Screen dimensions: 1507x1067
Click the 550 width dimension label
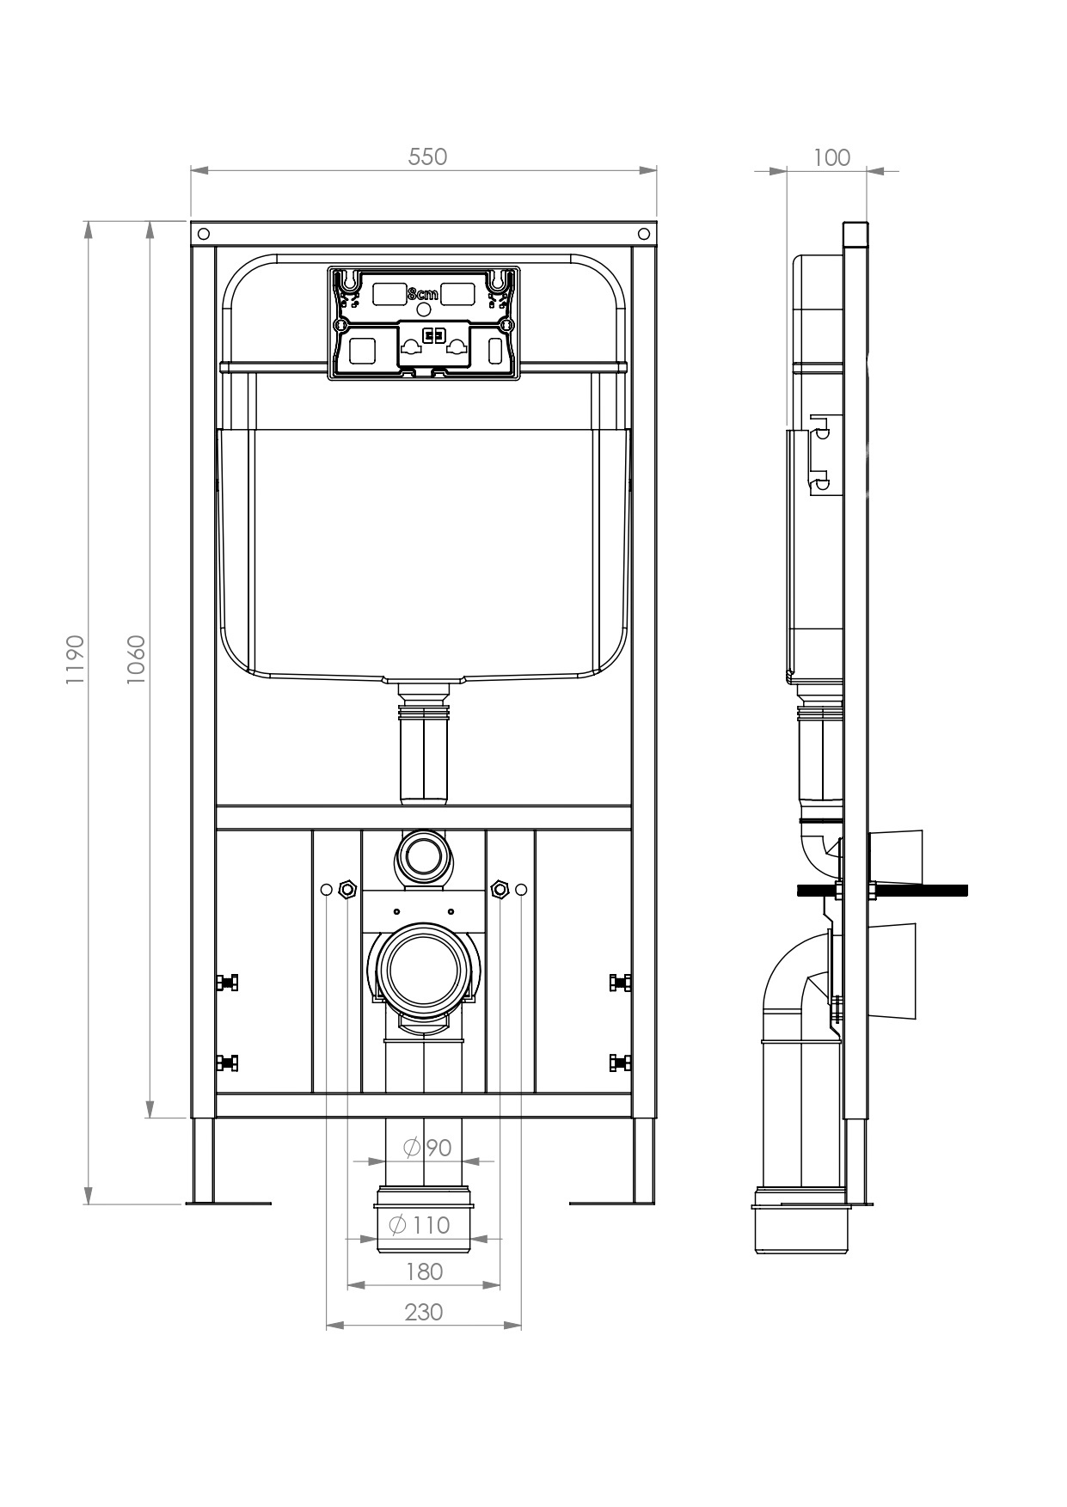coord(427,156)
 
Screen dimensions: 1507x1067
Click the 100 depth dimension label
coord(831,157)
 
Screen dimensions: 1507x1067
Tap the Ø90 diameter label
coord(427,1147)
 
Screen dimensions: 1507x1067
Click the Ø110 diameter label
coord(420,1224)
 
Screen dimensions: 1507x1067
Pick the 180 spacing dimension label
coord(423,1271)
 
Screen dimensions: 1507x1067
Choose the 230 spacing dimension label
coord(423,1312)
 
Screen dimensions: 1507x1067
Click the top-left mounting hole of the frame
coord(204,233)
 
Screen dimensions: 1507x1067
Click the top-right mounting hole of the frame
coord(644,233)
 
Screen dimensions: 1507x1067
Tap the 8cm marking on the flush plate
coord(422,294)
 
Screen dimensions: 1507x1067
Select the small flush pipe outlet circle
coord(423,855)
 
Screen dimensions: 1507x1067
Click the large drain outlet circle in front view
coord(423,970)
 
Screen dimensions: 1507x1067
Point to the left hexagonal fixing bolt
coord(347,888)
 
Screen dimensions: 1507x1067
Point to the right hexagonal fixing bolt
coord(499,888)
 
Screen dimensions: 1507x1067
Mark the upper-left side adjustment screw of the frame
coord(228,983)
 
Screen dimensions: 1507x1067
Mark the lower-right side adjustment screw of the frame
coord(620,1063)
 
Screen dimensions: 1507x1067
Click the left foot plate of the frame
coord(228,1203)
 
